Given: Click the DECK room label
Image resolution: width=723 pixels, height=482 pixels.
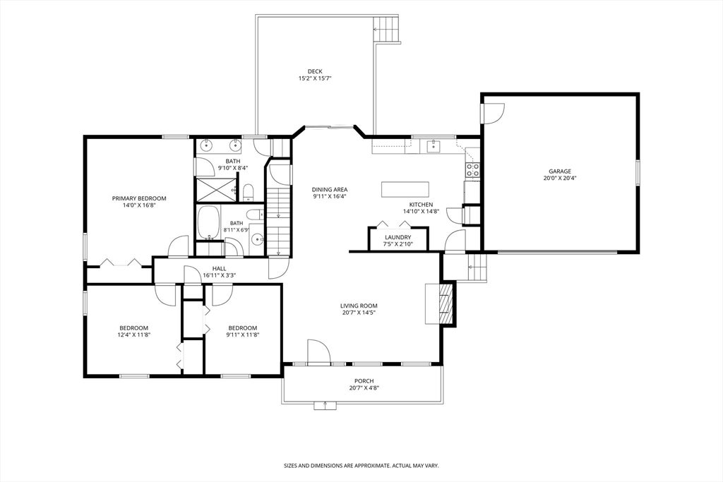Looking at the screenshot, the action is point(315,71).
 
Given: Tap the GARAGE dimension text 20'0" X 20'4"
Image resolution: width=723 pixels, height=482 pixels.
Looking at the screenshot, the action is point(559,179).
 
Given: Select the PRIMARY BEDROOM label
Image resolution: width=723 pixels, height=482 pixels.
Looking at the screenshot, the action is point(139,198).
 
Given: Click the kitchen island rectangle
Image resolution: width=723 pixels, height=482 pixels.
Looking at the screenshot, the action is point(405,189).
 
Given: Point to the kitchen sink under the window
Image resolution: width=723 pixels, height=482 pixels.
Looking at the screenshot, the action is point(433,146).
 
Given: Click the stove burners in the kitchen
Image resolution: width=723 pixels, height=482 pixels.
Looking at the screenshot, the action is point(473,170).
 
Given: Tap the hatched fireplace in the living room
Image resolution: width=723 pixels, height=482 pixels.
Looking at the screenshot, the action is point(445,303).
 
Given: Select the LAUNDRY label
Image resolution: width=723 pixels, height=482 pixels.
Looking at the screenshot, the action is point(398,238).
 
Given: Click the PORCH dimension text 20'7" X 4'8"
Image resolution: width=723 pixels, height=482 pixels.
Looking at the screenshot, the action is point(364,388).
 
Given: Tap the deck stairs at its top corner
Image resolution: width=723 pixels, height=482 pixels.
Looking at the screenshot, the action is point(386,29).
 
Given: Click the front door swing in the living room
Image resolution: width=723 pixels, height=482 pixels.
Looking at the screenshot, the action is point(318,353).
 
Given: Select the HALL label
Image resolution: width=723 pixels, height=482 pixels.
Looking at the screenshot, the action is point(220,269).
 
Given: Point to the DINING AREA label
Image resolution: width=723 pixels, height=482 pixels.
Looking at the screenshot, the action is point(329,189).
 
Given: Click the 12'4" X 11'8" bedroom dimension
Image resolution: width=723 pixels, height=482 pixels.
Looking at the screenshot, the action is point(134,335).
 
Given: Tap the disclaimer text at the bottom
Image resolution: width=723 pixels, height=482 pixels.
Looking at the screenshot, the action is point(361,466).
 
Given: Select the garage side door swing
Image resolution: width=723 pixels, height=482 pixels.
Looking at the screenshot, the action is point(493,114).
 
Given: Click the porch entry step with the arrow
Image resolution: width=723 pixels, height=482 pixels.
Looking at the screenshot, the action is point(325,405).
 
